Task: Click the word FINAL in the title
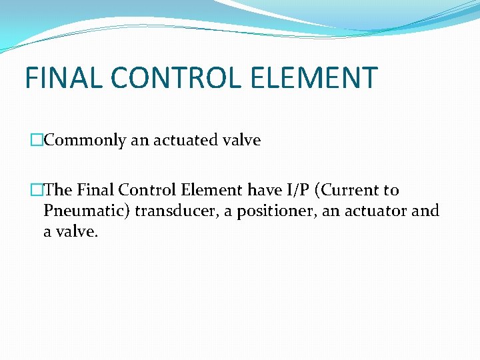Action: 63,78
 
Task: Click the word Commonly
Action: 85,141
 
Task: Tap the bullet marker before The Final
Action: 36,190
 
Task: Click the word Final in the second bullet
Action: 96,190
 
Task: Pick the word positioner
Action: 269,212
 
